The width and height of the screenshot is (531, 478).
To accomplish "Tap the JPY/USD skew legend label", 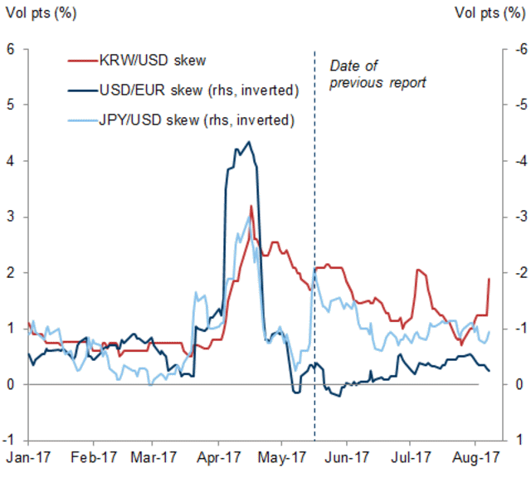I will pyautogui.click(x=195, y=119).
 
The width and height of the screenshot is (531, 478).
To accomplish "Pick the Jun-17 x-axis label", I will pyautogui.click(x=345, y=456).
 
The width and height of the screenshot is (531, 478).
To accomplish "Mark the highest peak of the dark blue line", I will pyautogui.click(x=250, y=142).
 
